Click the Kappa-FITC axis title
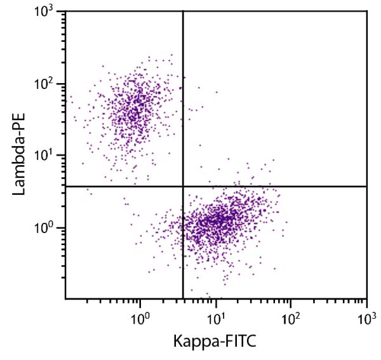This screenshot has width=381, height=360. pyautogui.click(x=215, y=341)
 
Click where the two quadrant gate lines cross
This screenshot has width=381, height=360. pyautogui.click(x=183, y=186)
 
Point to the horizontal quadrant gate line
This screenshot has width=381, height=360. pyautogui.click(x=286, y=186)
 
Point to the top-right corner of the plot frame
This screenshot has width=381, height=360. pyautogui.click(x=367, y=11)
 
